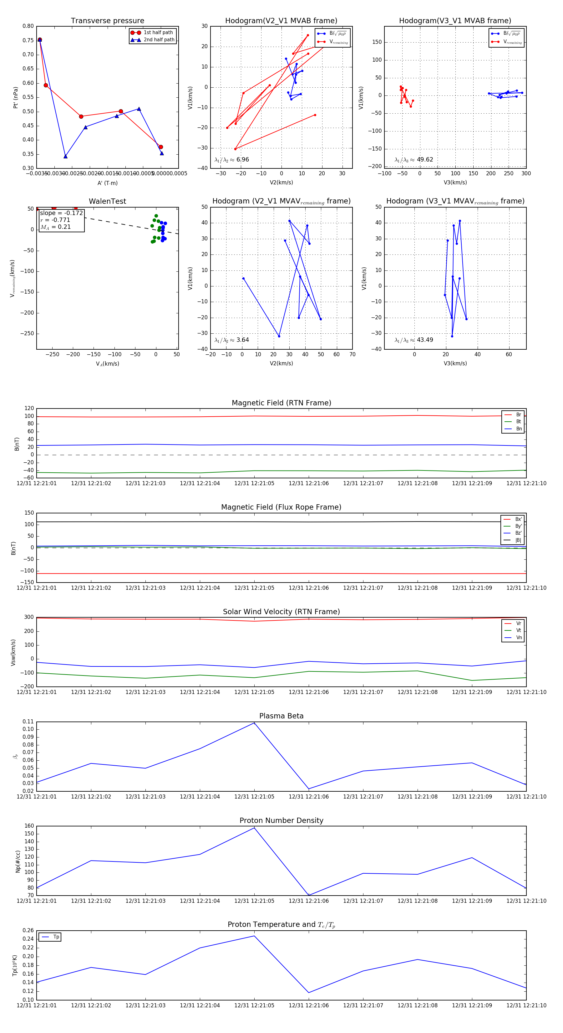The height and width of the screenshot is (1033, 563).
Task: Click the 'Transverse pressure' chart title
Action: (x=107, y=21)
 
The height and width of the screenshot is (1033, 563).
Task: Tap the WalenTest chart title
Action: (x=107, y=201)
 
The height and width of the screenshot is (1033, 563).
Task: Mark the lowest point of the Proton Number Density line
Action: (x=308, y=895)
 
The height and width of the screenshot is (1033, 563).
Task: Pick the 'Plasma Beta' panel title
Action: (x=281, y=716)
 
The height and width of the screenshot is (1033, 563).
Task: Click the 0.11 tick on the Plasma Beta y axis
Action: (x=28, y=722)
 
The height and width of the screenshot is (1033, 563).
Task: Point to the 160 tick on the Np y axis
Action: (x=29, y=826)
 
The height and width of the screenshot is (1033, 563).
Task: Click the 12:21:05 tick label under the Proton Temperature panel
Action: (x=254, y=1005)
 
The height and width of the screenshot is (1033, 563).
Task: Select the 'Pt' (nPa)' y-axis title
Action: (x=16, y=97)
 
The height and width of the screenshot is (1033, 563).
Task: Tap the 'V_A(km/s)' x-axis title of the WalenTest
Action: (x=107, y=364)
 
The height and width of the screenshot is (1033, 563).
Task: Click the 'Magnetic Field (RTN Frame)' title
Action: (x=281, y=403)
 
